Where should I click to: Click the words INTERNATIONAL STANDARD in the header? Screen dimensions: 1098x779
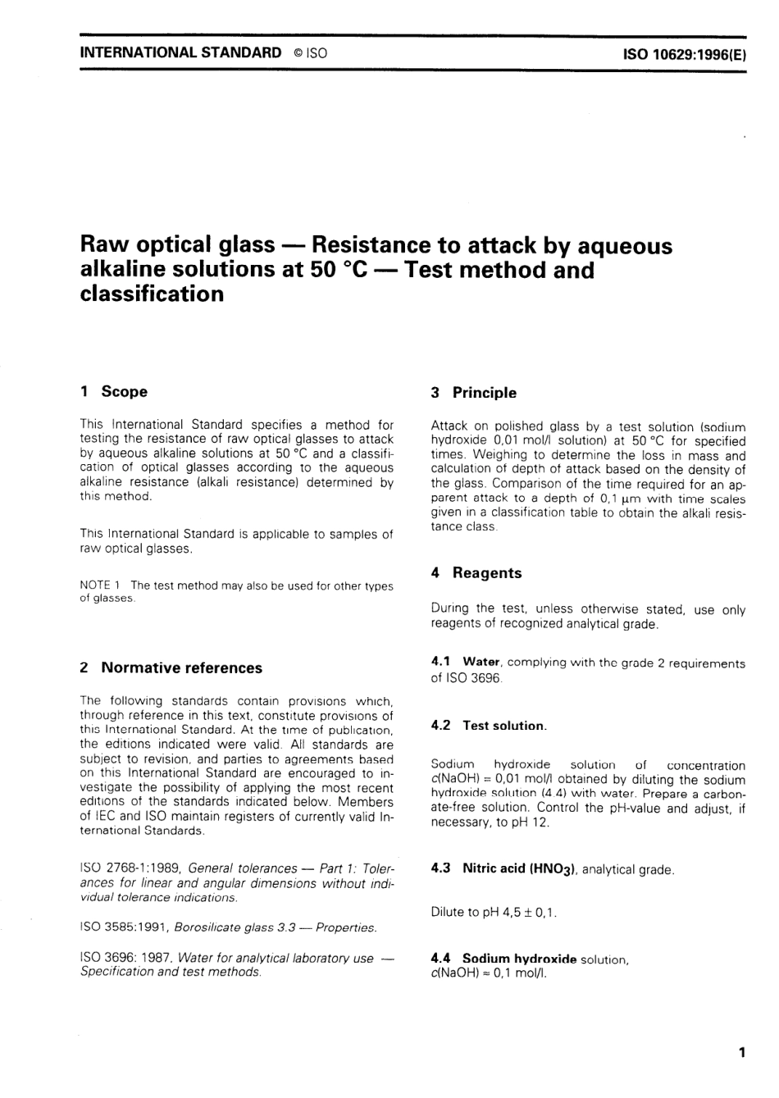[x=180, y=52]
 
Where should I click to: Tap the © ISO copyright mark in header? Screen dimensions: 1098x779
[x=310, y=53]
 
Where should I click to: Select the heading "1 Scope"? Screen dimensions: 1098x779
[x=114, y=391]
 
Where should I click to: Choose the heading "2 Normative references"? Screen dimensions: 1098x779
[x=171, y=667]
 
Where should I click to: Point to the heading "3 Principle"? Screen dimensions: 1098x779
[x=474, y=393]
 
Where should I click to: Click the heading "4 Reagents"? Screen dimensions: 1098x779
[x=476, y=573]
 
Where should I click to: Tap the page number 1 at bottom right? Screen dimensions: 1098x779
[x=741, y=1052]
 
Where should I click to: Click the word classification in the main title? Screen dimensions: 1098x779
[x=152, y=294]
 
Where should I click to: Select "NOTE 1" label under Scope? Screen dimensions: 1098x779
[x=101, y=585]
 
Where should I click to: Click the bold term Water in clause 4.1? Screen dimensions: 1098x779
[x=481, y=662]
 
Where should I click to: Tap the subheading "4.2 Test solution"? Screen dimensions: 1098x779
[x=489, y=726]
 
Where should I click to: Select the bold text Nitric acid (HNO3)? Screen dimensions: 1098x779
[x=520, y=868]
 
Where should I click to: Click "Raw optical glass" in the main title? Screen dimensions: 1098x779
[x=177, y=245]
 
